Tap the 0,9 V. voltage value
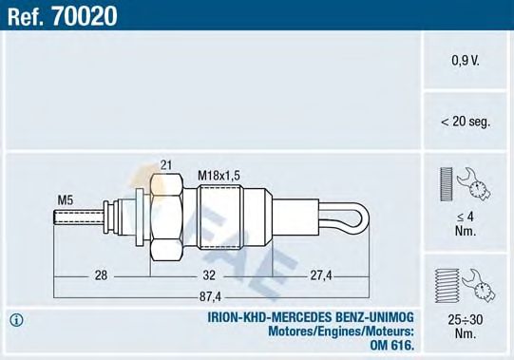(466, 61)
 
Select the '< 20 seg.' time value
(466, 121)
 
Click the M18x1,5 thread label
(218, 176)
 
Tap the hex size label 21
(165, 165)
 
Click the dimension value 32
(210, 275)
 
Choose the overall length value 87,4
(210, 294)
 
